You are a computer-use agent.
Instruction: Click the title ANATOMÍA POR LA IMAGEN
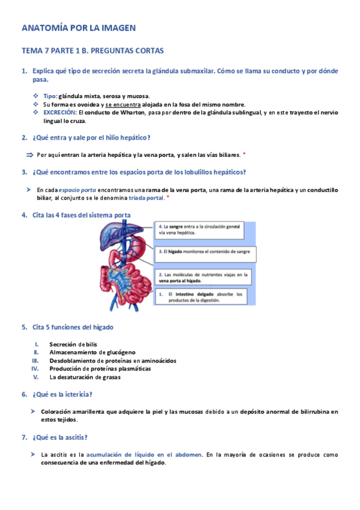pos(79,28)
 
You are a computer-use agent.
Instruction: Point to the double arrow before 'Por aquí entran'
pos(29,155)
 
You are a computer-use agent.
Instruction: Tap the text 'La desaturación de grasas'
pos(85,378)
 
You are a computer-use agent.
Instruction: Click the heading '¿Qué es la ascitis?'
pos(62,437)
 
